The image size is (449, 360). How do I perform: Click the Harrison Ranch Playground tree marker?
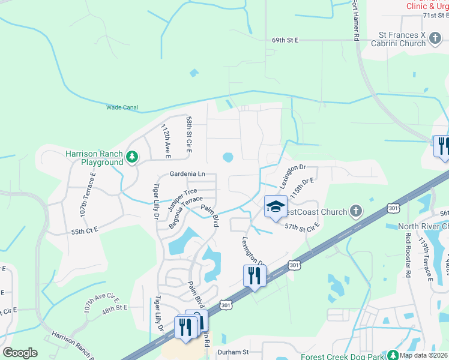coord(132,158)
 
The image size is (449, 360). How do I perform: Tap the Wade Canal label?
coord(122,108)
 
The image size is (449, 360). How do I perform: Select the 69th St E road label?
coord(285,40)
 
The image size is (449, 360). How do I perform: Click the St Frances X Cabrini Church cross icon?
coord(435,40)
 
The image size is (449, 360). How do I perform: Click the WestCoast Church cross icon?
coord(356,211)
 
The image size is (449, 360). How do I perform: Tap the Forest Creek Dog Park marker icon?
coord(393,355)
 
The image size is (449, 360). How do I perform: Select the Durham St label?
coord(233,352)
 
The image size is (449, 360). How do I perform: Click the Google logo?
coord(20,353)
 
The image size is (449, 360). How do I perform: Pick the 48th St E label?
coord(115,307)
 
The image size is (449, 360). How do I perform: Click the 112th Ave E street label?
coord(166,141)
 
